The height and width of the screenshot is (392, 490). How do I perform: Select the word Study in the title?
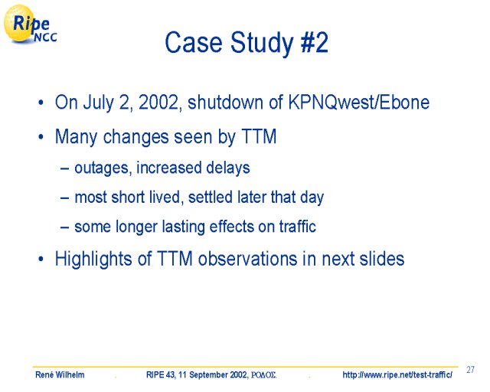[x=262, y=44]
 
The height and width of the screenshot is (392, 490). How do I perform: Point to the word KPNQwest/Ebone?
[x=359, y=103]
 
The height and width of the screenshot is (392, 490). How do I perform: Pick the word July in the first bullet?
[x=98, y=103]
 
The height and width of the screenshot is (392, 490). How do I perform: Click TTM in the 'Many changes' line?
[x=259, y=136]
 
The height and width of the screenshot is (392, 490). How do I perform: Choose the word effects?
[x=231, y=227]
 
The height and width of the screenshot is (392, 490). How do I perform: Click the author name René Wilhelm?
[x=60, y=375]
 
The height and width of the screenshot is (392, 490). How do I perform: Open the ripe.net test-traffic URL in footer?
[x=397, y=375]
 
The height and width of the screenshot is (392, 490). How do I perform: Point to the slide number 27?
[x=470, y=370]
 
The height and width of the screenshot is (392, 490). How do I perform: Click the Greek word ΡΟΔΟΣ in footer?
[x=263, y=375]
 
